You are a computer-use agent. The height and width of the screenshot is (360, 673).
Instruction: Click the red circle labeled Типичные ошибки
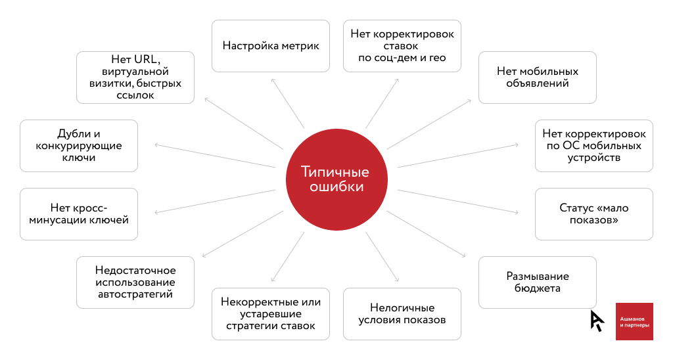pyautogui.click(x=336, y=179)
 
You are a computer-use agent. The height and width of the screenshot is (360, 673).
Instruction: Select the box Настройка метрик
pyautogui.click(x=270, y=46)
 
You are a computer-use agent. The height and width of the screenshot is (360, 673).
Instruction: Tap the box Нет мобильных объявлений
pyautogui.click(x=538, y=78)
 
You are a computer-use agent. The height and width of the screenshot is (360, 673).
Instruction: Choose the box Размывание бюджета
pyautogui.click(x=538, y=282)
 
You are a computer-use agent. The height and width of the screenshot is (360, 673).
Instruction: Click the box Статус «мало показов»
pyautogui.click(x=594, y=214)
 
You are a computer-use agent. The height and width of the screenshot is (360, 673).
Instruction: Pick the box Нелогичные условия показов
pyautogui.click(x=402, y=314)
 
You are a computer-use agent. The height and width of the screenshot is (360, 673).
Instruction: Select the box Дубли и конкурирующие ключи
pyautogui.click(x=79, y=146)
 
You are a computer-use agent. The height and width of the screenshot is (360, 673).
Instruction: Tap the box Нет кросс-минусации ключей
pyautogui.click(x=79, y=214)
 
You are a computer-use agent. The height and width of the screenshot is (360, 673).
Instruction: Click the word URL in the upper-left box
pyautogui.click(x=147, y=59)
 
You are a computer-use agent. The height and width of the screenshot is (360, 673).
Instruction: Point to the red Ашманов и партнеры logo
pyautogui.click(x=634, y=321)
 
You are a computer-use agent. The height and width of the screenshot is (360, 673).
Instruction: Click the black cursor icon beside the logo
pyautogui.click(x=597, y=321)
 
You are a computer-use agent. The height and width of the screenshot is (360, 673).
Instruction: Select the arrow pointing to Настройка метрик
pyautogui.click(x=288, y=103)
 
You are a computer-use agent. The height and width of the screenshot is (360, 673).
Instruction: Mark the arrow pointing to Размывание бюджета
pyautogui.click(x=426, y=234)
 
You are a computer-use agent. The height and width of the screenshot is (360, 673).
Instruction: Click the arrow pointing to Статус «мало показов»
pyautogui.click(x=458, y=201)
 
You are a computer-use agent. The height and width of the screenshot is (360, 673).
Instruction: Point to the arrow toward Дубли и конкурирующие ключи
pyautogui.click(x=215, y=156)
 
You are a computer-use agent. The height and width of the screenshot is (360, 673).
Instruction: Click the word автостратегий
pyautogui.click(x=135, y=294)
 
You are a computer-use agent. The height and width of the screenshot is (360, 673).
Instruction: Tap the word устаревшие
pyautogui.click(x=270, y=314)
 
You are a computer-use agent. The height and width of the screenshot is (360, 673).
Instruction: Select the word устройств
pyautogui.click(x=594, y=158)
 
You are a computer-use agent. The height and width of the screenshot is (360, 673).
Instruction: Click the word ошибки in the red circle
pyautogui.click(x=336, y=187)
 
